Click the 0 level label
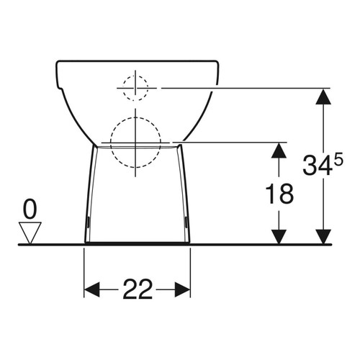pos(30,210)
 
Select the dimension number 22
pos(137,289)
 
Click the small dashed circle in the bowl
pos(135,87)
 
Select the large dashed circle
pos(135,140)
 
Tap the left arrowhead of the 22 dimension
pos(91,289)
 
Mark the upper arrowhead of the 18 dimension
pos(279,148)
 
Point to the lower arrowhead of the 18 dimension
pos(279,236)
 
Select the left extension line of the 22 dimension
pos(85,270)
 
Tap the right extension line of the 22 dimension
pos(191,270)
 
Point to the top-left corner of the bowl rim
pos(58,62)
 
